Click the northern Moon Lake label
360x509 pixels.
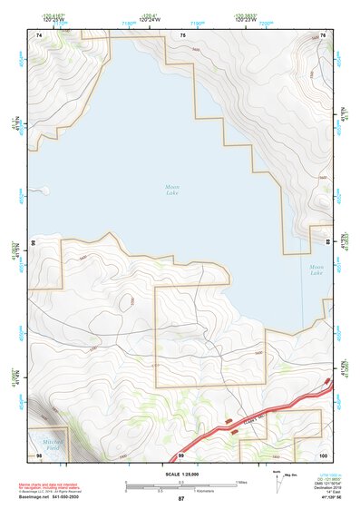(x=172, y=190)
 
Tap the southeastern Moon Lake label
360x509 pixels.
(x=316, y=269)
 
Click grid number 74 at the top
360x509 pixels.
(x=40, y=34)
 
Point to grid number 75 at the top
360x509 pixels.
(x=182, y=34)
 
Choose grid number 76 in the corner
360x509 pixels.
(x=323, y=34)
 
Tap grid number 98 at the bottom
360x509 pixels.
(x=38, y=454)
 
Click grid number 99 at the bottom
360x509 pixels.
(x=181, y=454)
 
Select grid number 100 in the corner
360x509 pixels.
(x=322, y=454)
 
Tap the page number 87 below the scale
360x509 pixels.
(x=180, y=499)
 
